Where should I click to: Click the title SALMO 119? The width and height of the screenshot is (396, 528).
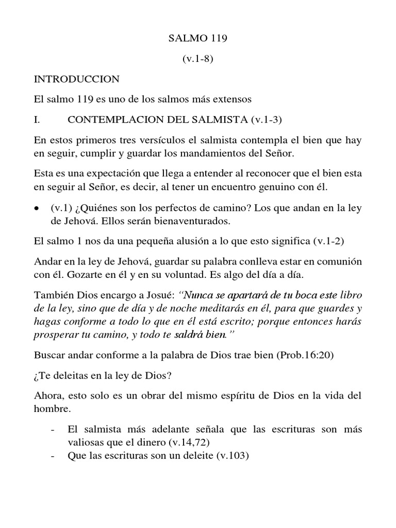click(x=198, y=39)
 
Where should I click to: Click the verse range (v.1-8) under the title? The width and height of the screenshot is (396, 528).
click(x=198, y=59)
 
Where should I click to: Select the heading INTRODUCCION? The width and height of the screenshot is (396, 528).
click(x=76, y=79)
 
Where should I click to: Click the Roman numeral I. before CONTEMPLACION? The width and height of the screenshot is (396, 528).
click(x=37, y=120)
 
